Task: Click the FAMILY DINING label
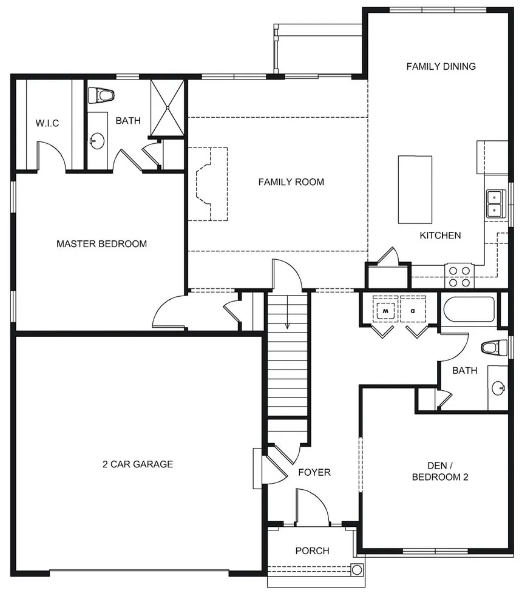click(441, 66)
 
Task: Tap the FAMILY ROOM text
click(291, 181)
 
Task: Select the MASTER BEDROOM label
click(101, 244)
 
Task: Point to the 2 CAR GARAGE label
click(137, 464)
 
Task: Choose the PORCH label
click(312, 550)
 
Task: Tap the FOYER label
click(314, 472)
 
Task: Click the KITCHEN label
click(440, 235)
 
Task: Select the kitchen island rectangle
click(415, 189)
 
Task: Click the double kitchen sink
click(495, 204)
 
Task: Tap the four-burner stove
click(459, 276)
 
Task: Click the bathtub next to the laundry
click(470, 311)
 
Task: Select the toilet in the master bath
click(101, 95)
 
